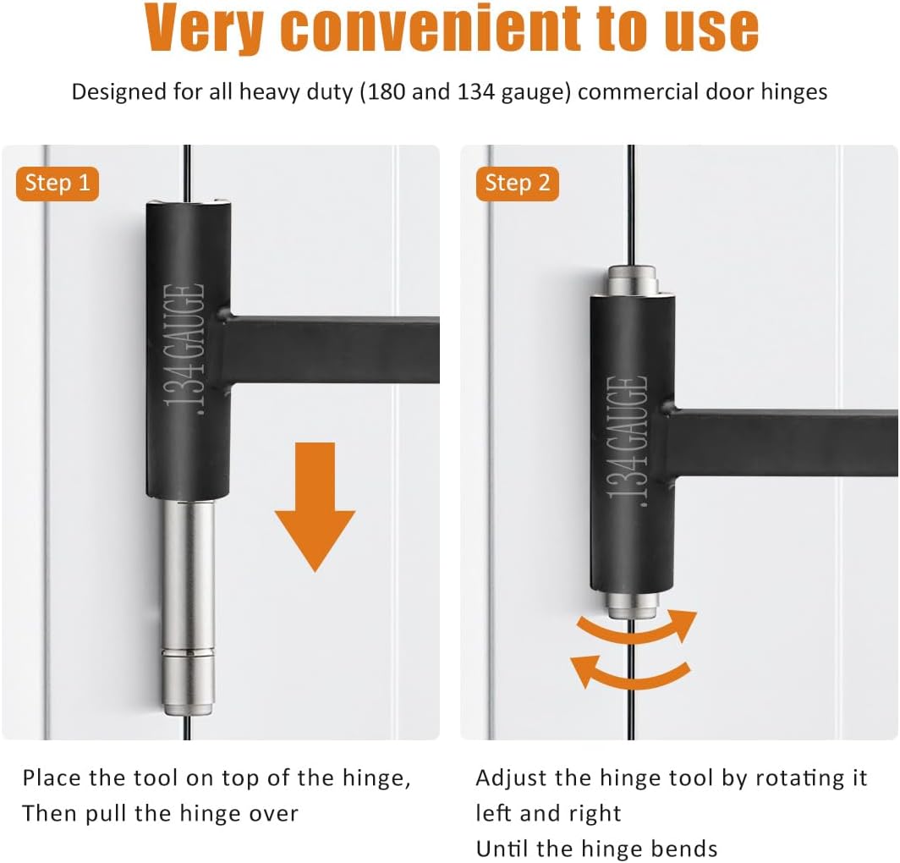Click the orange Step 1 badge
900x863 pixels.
pos(58,184)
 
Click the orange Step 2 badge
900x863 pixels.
pos(518,184)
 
